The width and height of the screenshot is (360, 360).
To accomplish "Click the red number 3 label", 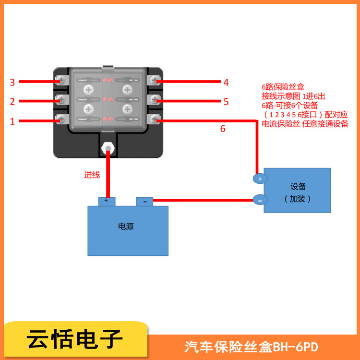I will point(12,82).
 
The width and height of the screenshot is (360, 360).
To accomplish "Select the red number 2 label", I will point(12,101).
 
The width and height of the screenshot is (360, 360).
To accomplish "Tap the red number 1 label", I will point(12,121).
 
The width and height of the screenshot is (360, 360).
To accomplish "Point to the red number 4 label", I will point(226,82).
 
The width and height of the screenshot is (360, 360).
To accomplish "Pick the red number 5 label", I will point(226,101).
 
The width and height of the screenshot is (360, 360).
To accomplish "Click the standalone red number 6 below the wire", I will point(222,129).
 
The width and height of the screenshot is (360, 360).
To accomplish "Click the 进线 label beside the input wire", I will point(92,175).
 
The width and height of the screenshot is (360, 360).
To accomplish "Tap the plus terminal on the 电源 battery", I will point(106,201).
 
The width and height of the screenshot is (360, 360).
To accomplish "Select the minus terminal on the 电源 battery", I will point(144,202).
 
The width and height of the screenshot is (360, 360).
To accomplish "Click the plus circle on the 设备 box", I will point(260,179).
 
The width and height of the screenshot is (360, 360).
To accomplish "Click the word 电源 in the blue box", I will point(126,227).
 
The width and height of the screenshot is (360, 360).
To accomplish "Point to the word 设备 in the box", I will point(298,186).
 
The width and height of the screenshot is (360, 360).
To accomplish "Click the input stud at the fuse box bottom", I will point(108,147).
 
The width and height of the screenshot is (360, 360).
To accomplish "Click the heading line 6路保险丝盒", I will point(283,87).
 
